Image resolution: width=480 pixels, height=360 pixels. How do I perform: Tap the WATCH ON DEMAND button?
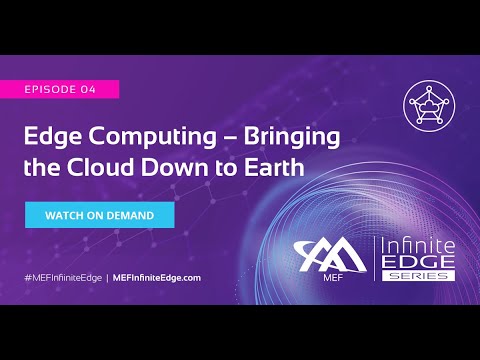(x=100, y=215)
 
